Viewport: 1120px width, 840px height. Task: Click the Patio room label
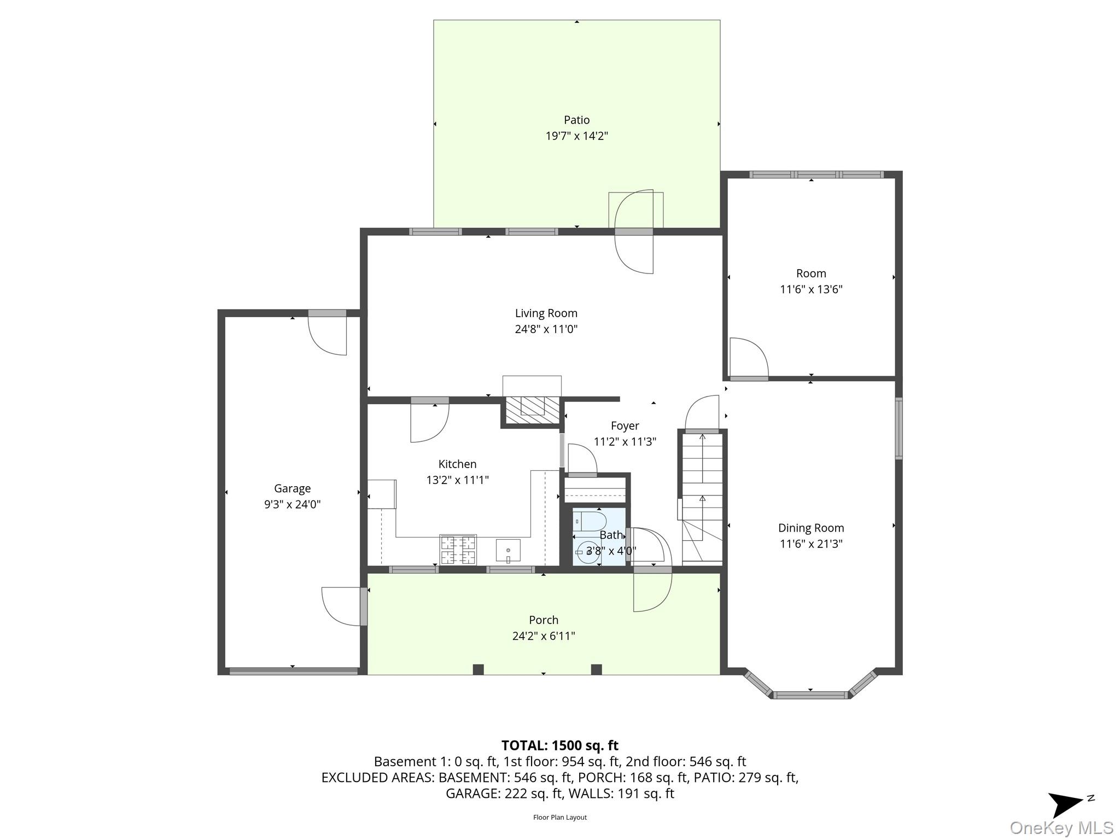(x=576, y=120)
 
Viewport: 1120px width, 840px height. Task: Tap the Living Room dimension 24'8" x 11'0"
(x=546, y=329)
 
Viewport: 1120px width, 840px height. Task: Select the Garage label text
(x=292, y=489)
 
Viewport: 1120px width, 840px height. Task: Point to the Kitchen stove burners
(x=458, y=550)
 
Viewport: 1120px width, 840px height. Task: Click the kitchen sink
(x=508, y=550)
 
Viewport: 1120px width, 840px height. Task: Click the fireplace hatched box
(x=532, y=410)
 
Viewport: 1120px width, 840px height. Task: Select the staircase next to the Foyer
(x=702, y=498)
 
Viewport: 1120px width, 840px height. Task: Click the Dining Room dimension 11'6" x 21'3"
(x=811, y=544)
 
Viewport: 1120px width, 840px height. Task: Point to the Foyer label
(x=625, y=425)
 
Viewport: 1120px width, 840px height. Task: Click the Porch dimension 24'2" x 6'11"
(x=544, y=636)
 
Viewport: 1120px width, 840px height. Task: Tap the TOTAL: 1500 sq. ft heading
(x=560, y=745)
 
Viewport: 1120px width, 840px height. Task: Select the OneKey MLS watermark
(x=1061, y=827)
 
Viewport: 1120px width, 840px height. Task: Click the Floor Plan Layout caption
(x=560, y=817)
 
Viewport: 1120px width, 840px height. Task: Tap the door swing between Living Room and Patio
(x=634, y=232)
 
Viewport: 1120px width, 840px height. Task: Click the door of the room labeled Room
(x=749, y=359)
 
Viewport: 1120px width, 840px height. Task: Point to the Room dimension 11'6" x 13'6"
(x=811, y=289)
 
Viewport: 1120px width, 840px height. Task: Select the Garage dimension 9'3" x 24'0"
(x=292, y=504)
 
